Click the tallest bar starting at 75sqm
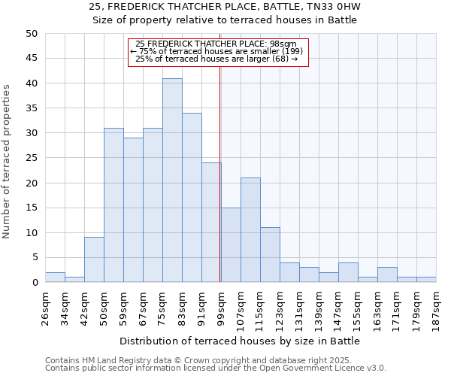coord(172,180)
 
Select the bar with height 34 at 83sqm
coord(192,198)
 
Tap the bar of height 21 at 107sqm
coord(250,230)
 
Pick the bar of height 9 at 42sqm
coord(94,259)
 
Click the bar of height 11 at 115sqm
coord(270,255)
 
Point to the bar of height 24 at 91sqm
coord(211,223)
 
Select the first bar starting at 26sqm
coord(55,277)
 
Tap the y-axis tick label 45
coord(31,59)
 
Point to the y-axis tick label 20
coord(31,183)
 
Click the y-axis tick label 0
coord(35,283)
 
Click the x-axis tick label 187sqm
coord(436,308)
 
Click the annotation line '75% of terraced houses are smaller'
coord(216,51)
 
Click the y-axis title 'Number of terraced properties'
coord(7,161)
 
